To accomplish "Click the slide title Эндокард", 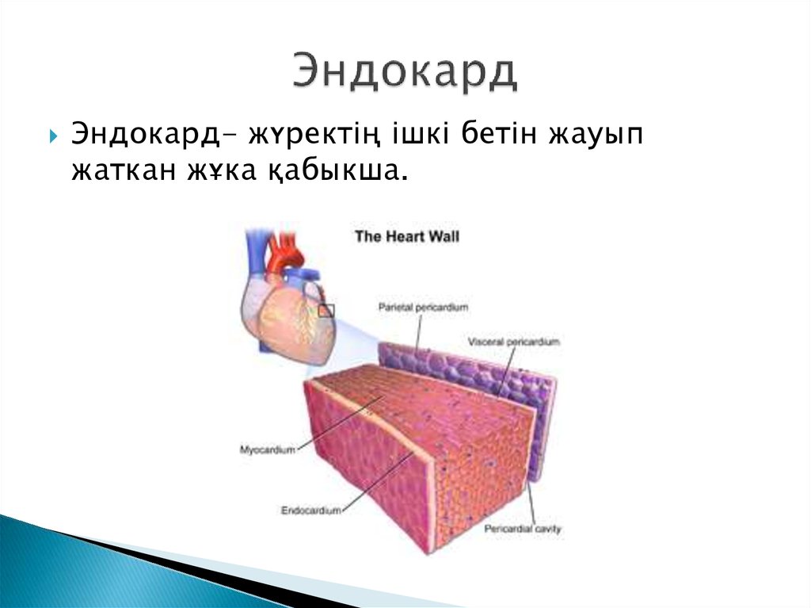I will pyautogui.click(x=405, y=73).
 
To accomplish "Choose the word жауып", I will pyautogui.click(x=595, y=136).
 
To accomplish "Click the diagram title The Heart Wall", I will pyautogui.click(x=405, y=236).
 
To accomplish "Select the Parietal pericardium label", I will pyautogui.click(x=424, y=305).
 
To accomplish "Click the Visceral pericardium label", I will pyautogui.click(x=513, y=342).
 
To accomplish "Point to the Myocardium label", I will pyautogui.click(x=267, y=449).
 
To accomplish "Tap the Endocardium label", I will pyautogui.click(x=311, y=510).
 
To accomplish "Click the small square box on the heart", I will pyautogui.click(x=326, y=311).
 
